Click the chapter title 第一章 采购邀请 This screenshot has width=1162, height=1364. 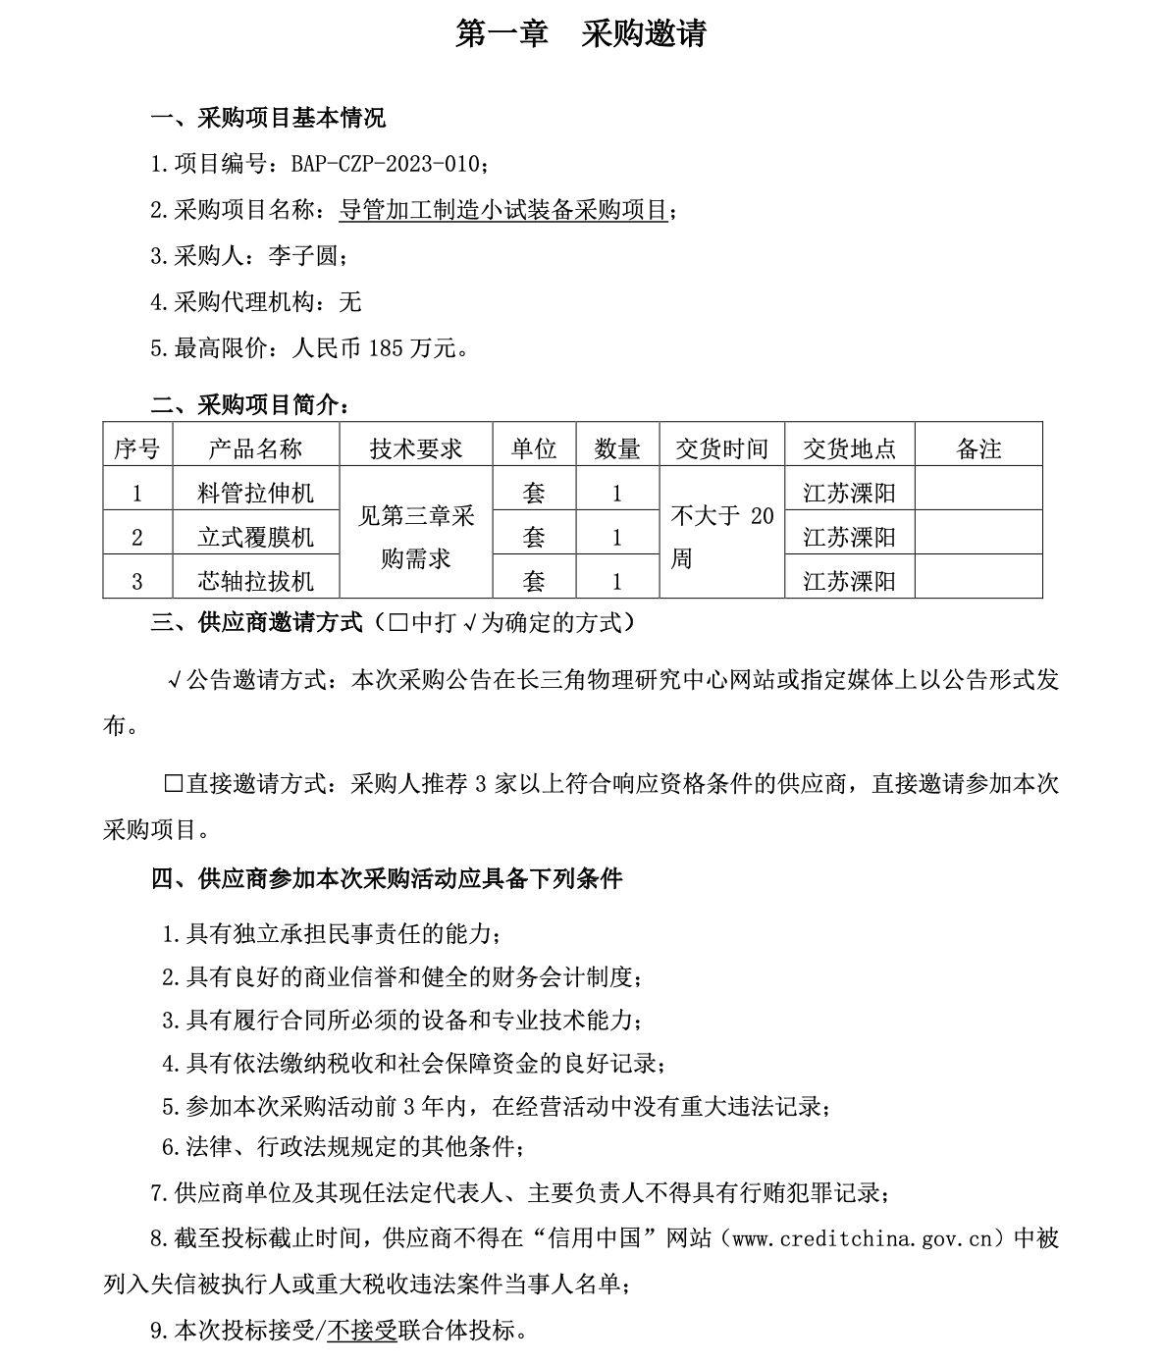click(581, 34)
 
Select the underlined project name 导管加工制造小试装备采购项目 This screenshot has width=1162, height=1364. click(503, 210)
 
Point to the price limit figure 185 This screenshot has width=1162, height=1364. click(385, 347)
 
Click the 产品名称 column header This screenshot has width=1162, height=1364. click(255, 448)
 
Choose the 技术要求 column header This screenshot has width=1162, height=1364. click(415, 448)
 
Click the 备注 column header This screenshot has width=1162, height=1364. click(977, 448)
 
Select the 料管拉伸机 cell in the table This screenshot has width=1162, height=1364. click(255, 493)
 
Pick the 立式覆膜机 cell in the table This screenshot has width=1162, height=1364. click(255, 537)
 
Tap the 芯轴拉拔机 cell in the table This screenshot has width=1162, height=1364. click(255, 581)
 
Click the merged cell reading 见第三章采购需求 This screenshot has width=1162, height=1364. click(415, 537)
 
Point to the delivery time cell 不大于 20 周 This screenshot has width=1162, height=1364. click(721, 537)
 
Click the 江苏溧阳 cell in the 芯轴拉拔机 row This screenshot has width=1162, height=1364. click(849, 581)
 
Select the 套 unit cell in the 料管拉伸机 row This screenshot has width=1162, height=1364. click(533, 493)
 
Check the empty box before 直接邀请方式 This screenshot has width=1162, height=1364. click(173, 784)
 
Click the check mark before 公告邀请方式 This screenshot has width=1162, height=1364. click(174, 680)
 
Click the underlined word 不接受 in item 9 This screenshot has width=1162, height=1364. click(361, 1331)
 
